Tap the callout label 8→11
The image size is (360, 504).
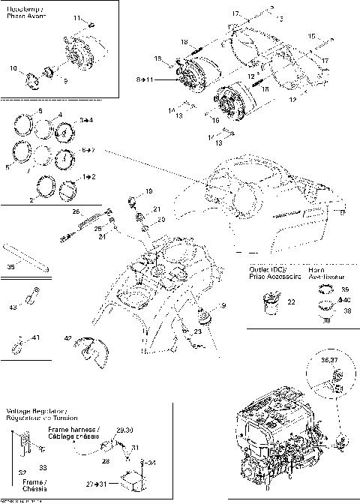(145, 77)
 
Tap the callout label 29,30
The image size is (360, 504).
(124, 430)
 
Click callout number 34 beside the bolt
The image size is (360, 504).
(151, 463)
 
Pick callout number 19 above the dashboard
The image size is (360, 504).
(148, 191)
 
